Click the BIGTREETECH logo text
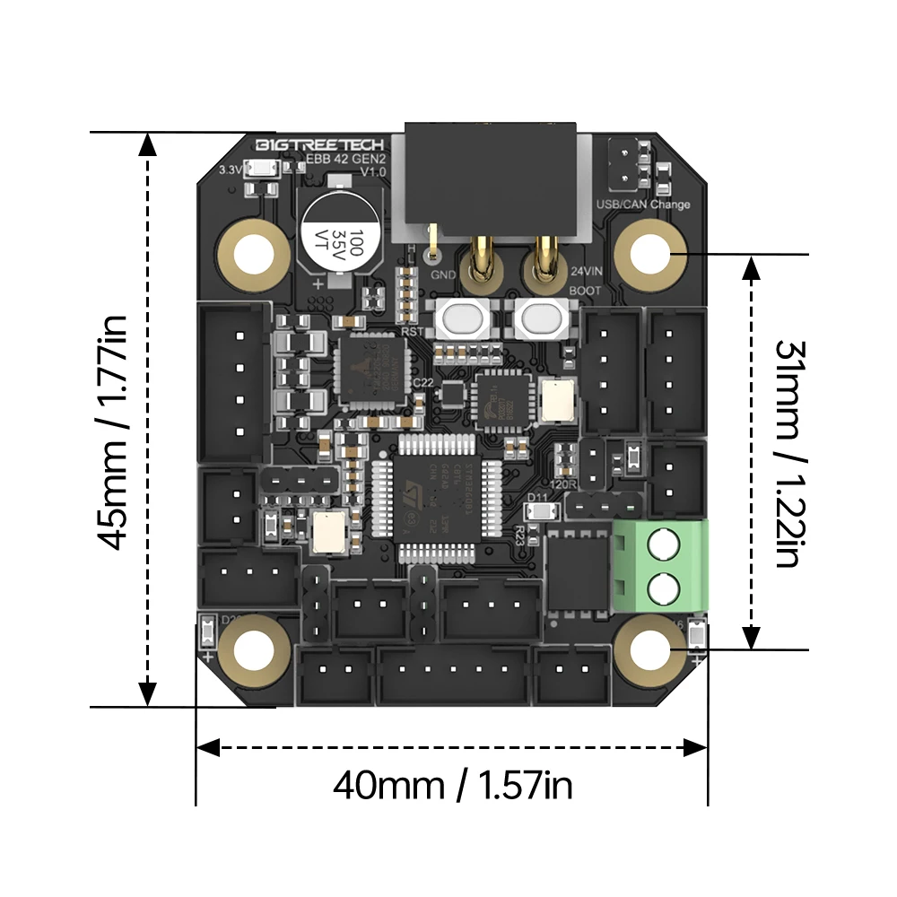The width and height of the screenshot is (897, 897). (x=319, y=145)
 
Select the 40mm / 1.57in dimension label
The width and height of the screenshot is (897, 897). (x=453, y=787)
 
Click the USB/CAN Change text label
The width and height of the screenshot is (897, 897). (x=643, y=205)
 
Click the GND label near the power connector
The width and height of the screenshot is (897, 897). (x=443, y=274)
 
